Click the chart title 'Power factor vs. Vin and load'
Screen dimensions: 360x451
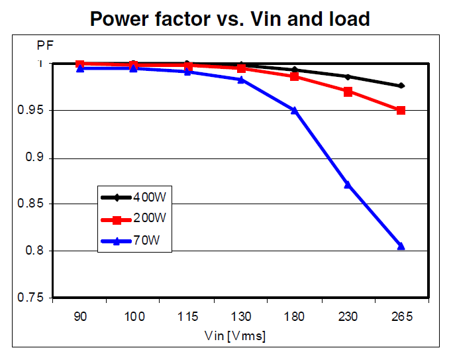point(230,18)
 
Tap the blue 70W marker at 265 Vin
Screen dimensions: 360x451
point(401,246)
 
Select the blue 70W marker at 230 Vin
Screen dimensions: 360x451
point(348,184)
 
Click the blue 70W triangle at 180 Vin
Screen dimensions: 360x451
point(295,110)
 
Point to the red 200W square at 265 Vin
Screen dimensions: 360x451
point(401,110)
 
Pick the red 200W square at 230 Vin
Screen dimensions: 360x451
point(348,91)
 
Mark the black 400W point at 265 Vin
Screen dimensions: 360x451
point(401,86)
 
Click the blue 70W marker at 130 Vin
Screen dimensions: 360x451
point(241,80)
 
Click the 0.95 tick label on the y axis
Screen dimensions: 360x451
point(30,111)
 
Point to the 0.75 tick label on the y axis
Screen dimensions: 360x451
point(30,298)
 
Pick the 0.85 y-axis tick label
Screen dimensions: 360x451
point(30,204)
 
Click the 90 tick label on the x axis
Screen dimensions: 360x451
point(80,317)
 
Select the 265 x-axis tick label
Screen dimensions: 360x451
point(401,317)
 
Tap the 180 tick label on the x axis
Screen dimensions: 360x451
point(295,317)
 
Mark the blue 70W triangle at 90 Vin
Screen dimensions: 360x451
point(80,68)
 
